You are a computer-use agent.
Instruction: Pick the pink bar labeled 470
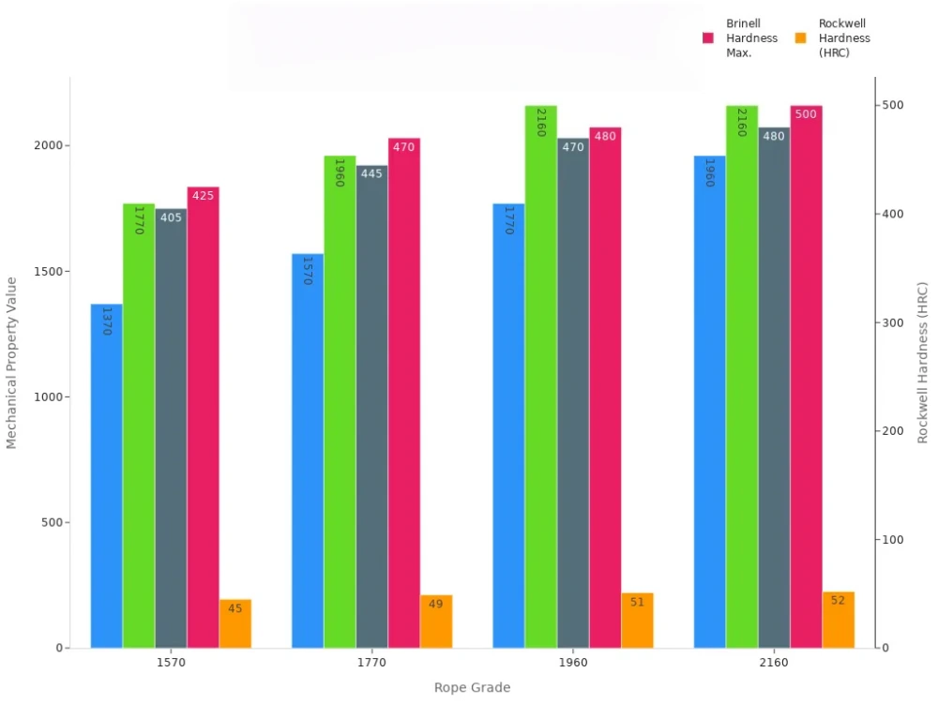point(404,393)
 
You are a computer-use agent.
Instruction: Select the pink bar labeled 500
point(806,376)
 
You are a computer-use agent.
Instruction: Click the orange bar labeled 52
point(838,620)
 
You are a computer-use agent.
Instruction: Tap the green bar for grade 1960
point(540,376)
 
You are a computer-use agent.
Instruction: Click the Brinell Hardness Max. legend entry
point(740,38)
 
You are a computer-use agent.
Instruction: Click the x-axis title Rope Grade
point(472,688)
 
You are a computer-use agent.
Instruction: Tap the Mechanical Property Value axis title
point(12,362)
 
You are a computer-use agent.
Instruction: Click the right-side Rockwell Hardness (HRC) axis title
point(923,362)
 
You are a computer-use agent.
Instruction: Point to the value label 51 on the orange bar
point(637,602)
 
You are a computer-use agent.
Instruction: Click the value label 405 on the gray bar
point(171,217)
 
